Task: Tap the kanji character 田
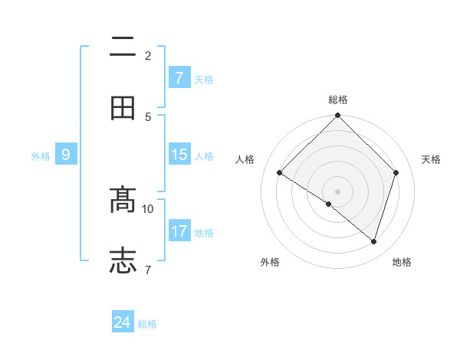[x=123, y=108]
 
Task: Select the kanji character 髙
[x=123, y=200]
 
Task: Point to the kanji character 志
[x=123, y=260]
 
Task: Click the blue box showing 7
[x=179, y=77]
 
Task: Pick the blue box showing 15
[x=179, y=155]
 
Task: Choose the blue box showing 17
[x=179, y=231]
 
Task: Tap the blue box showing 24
[x=123, y=322]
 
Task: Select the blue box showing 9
[x=66, y=155]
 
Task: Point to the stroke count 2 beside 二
[x=148, y=55]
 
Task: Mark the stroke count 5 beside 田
[x=148, y=116]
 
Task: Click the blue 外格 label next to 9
[x=41, y=156]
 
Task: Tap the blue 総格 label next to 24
[x=147, y=324]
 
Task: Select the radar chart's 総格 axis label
[x=338, y=100]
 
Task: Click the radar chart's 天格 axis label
[x=431, y=159]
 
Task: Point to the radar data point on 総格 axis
[x=338, y=116]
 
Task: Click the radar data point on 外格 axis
[x=329, y=204]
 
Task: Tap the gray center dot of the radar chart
[x=338, y=191]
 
